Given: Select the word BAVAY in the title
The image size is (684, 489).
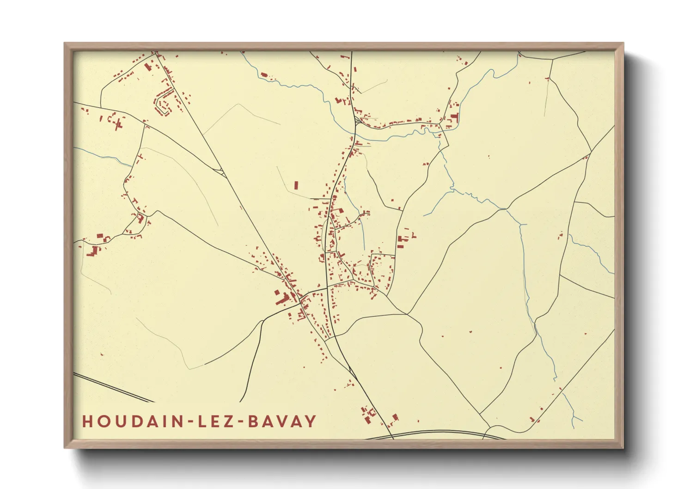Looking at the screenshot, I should pos(282,422).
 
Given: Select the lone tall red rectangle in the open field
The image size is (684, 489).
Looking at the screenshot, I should pos(296,185).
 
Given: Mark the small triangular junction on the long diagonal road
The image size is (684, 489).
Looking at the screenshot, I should pos(222,173).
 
